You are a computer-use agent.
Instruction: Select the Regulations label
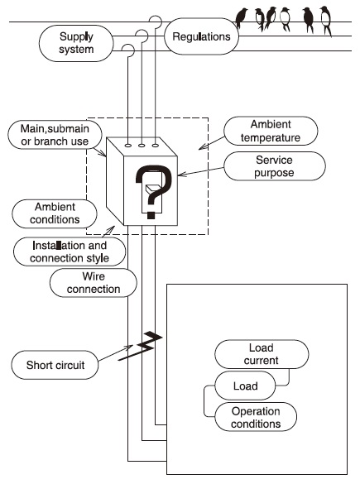(x=202, y=37)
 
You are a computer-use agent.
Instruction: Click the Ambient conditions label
(x=46, y=213)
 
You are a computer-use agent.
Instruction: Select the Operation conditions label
(x=255, y=416)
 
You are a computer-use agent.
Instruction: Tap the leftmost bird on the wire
(x=243, y=16)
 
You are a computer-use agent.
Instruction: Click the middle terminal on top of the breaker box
(x=142, y=145)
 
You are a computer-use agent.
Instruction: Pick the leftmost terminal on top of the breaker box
(x=127, y=145)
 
